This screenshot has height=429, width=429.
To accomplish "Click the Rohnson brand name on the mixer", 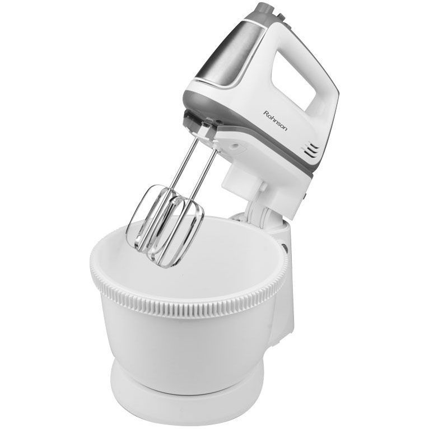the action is (275, 120).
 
